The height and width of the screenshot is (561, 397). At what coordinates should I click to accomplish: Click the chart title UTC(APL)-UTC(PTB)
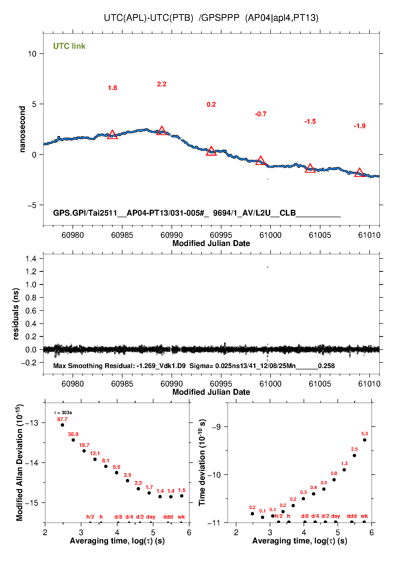(x=148, y=18)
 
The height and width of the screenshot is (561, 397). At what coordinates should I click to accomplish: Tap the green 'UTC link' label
(x=69, y=46)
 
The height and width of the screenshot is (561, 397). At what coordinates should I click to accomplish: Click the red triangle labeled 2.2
(x=162, y=131)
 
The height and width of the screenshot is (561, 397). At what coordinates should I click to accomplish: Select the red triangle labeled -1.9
(x=359, y=173)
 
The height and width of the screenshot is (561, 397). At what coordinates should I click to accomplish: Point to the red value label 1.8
(x=112, y=88)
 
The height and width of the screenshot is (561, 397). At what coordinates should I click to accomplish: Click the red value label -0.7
(x=260, y=114)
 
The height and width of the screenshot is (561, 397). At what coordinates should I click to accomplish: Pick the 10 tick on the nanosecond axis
(x=32, y=54)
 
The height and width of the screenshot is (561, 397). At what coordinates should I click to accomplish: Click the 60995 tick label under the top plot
(x=221, y=235)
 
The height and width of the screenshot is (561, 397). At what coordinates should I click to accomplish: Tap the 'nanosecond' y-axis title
(x=22, y=129)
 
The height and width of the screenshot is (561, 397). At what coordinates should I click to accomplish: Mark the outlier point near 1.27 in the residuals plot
(x=268, y=267)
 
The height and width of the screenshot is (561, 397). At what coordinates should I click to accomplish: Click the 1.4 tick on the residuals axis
(x=31, y=259)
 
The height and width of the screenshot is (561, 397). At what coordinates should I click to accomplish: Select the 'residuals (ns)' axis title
(x=16, y=314)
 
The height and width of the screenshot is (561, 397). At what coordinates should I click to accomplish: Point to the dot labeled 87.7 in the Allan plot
(x=62, y=425)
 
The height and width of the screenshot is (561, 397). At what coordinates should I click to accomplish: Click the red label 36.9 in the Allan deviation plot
(x=73, y=434)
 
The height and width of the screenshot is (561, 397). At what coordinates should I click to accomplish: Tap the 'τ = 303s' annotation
(x=63, y=413)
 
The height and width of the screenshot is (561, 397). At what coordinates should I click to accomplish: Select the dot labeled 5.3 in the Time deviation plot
(x=364, y=440)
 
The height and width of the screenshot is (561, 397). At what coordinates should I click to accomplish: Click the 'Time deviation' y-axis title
(x=202, y=463)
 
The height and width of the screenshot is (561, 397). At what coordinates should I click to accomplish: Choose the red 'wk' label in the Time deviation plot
(x=364, y=516)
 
